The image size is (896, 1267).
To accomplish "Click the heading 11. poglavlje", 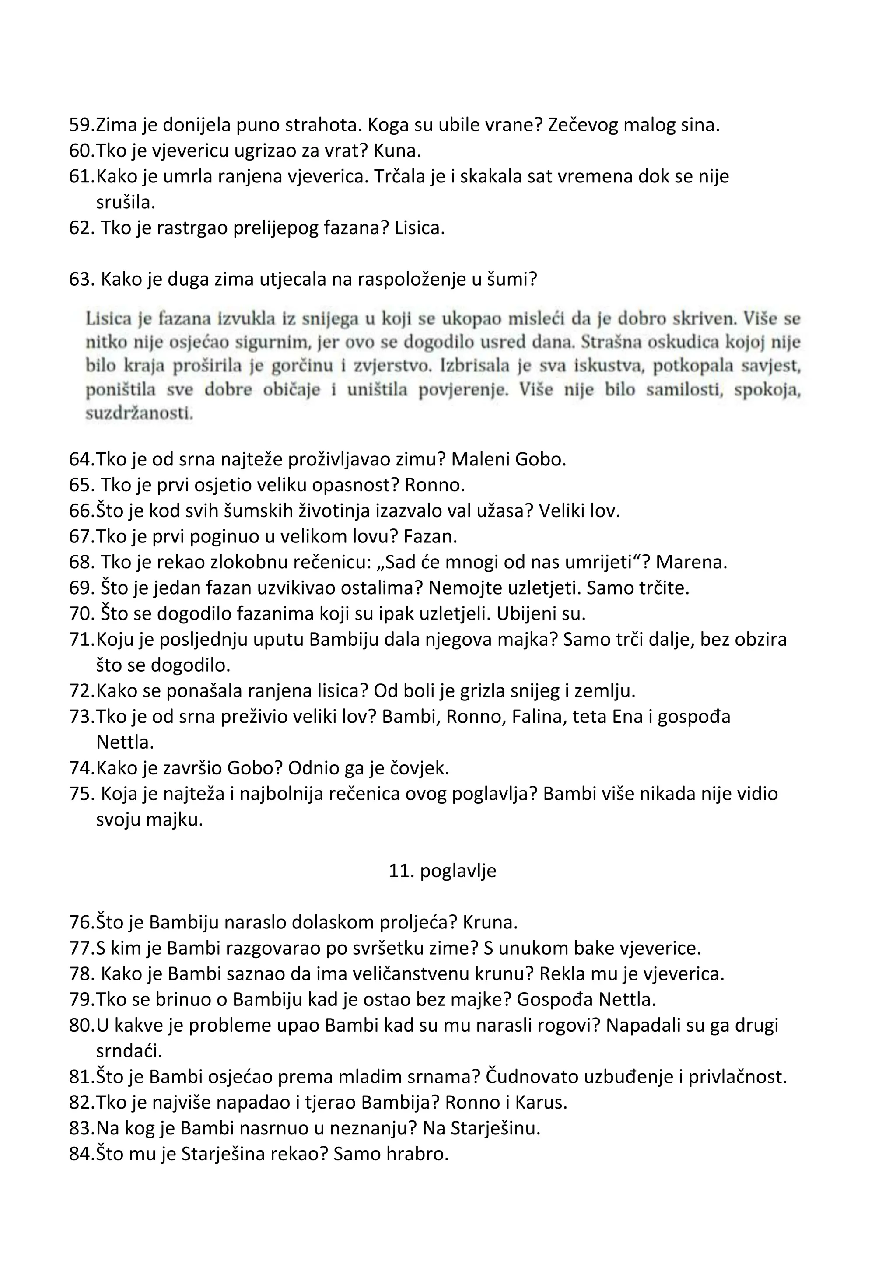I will pos(442,870).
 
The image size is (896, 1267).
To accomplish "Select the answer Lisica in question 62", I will pos(419,228).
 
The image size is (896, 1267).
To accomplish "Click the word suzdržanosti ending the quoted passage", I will pos(139,414).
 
